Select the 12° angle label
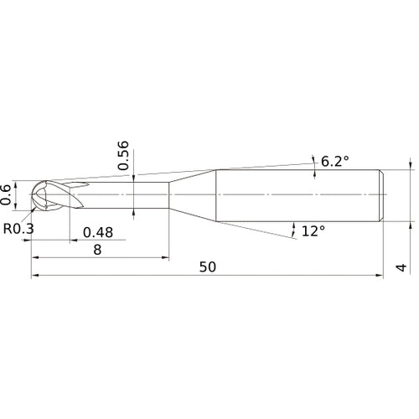pyautogui.click(x=312, y=230)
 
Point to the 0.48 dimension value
pyautogui.click(x=98, y=232)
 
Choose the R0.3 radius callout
pyautogui.click(x=18, y=227)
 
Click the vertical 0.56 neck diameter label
pyautogui.click(x=123, y=155)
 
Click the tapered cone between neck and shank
pyautogui.click(x=193, y=195)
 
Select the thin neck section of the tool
pyautogui.click(x=126, y=195)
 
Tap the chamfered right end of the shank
pyautogui.click(x=382, y=195)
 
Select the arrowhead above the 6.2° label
pyautogui.click(x=313, y=158)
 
